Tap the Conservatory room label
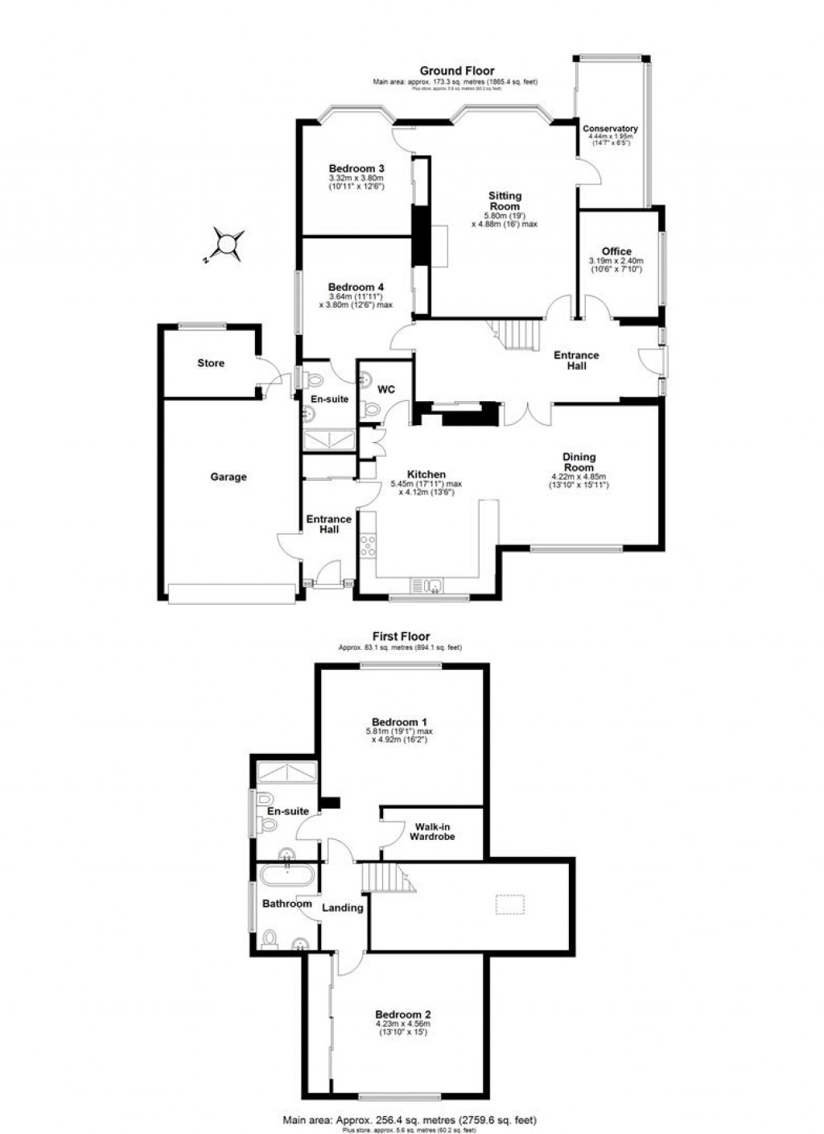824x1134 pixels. tap(610, 129)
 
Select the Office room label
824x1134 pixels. tap(616, 251)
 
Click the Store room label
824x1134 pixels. tap(211, 363)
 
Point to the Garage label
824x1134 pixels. tap(229, 477)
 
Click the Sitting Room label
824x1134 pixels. tap(505, 201)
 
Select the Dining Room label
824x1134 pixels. tap(579, 462)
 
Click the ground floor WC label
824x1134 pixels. tap(386, 390)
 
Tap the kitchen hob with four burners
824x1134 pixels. tap(369, 545)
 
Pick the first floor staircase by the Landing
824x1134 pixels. tap(386, 876)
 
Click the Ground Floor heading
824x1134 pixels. tap(455, 71)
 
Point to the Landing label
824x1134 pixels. tap(343, 908)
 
